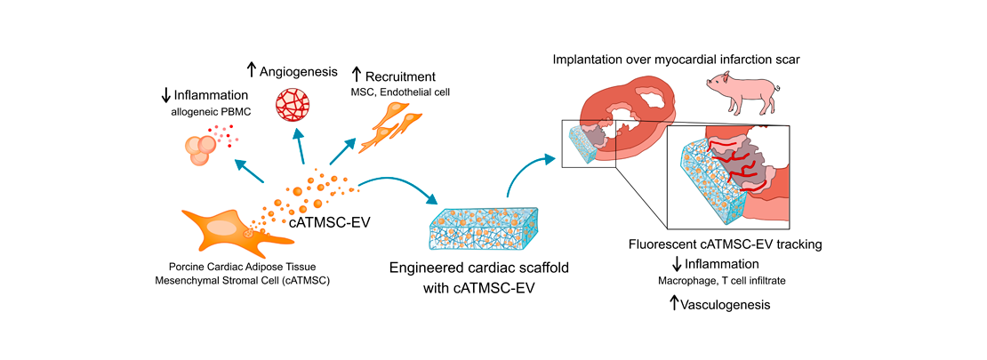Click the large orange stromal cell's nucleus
[224, 228]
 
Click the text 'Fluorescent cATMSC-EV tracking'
[722, 244]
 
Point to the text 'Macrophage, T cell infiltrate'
[721, 282]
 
